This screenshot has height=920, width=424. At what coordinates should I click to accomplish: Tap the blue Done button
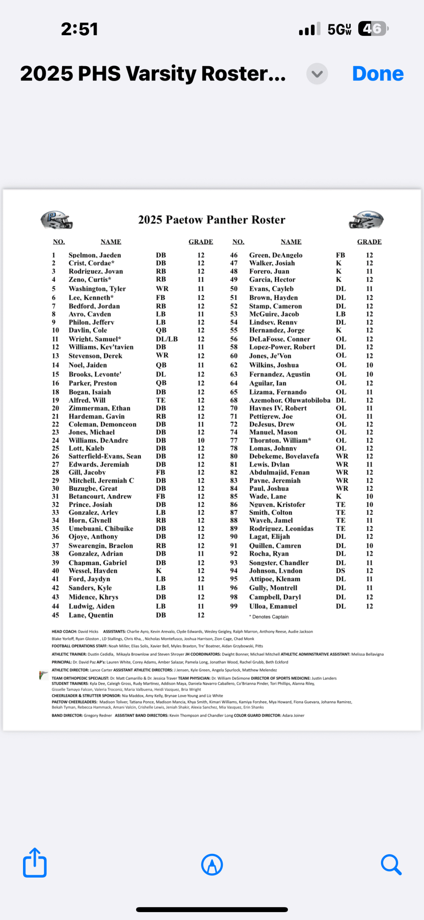[x=378, y=74]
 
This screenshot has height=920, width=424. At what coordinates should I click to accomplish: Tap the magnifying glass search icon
[x=391, y=864]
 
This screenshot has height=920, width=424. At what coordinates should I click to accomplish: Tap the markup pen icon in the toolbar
[x=212, y=864]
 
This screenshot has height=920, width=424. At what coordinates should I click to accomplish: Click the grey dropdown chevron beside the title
[x=317, y=74]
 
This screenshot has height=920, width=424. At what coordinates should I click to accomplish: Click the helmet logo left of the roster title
[x=56, y=220]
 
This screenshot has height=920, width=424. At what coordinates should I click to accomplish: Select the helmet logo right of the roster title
[x=366, y=220]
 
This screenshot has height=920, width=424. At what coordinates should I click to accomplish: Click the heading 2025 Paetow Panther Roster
[x=212, y=220]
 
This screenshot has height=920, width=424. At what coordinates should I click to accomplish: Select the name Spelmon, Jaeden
[x=95, y=255]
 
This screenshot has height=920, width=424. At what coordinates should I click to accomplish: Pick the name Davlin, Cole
[x=88, y=330]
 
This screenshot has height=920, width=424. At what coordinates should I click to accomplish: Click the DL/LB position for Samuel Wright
[x=167, y=339]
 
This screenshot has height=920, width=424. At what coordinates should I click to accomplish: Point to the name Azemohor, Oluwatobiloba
[x=290, y=400]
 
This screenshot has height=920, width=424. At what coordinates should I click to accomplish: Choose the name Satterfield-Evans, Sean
[x=105, y=456]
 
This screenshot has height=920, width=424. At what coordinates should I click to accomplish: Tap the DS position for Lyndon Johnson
[x=340, y=571]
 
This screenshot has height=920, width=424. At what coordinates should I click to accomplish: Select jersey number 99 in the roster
[x=234, y=606]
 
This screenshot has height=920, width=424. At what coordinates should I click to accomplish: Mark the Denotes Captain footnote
[x=269, y=617]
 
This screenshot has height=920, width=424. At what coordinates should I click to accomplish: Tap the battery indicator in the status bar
[x=373, y=29]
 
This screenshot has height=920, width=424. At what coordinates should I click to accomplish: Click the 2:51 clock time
[x=79, y=29]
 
